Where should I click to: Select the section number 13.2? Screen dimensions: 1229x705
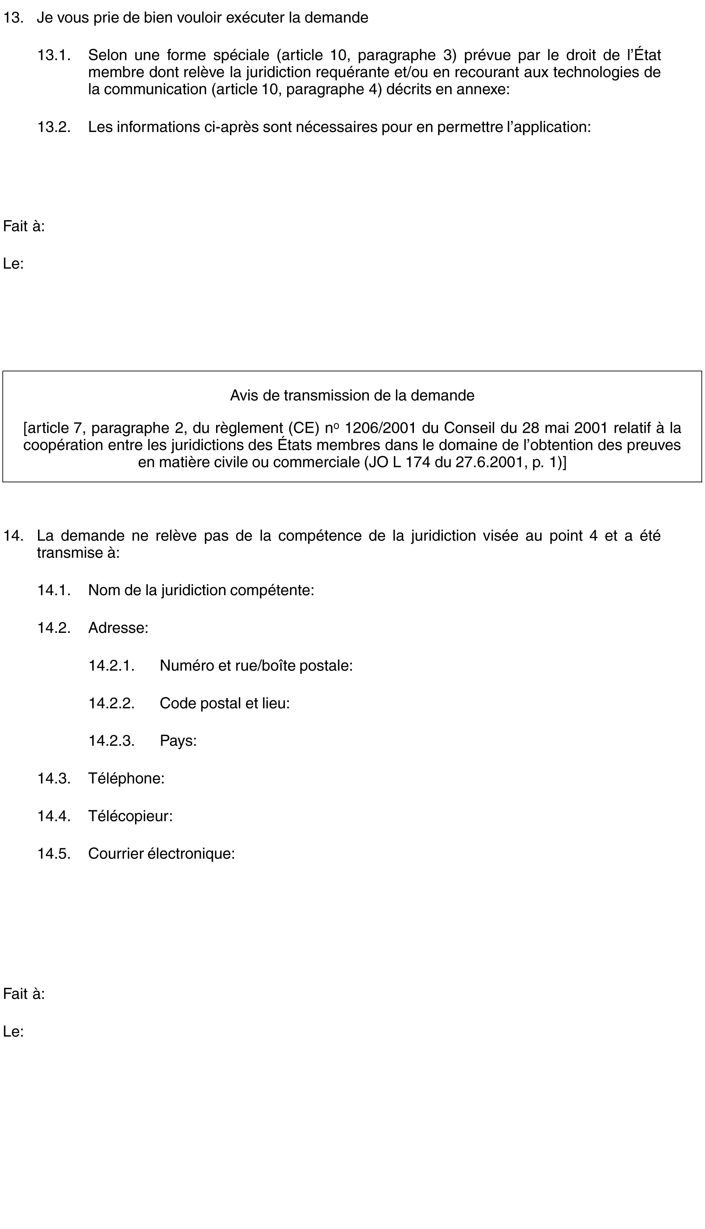coord(54,127)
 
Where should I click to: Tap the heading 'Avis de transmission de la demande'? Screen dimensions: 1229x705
coord(352,395)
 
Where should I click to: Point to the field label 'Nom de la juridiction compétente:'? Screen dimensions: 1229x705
coord(201,590)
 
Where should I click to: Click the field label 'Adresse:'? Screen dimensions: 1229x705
coord(118,628)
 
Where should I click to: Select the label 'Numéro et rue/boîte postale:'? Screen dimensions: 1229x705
coord(256,666)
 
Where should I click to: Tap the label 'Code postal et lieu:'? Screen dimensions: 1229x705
coord(225,703)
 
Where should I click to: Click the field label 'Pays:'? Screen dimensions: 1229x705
coord(178,741)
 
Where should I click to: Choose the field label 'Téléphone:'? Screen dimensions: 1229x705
coord(126,778)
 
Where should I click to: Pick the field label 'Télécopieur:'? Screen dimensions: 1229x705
coord(130,816)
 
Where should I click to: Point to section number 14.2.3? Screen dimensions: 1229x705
coord(111,741)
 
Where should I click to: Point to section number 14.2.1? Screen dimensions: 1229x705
coord(111,666)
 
